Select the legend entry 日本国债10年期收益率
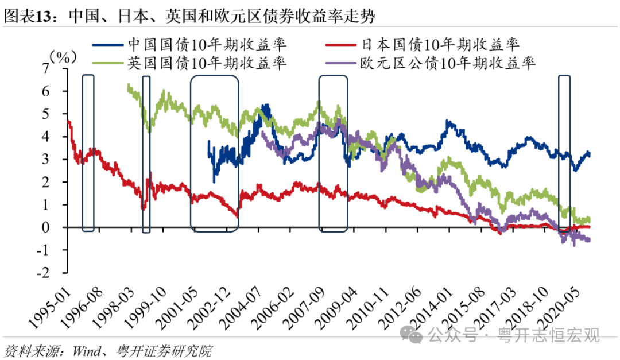440,44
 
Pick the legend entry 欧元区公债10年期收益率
447,63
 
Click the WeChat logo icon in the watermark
411,332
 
